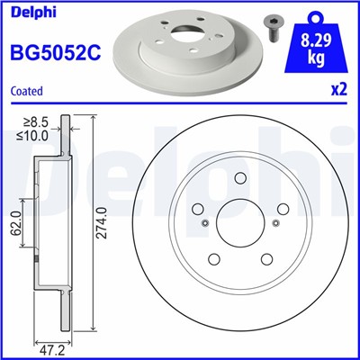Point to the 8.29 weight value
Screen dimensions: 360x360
click(x=313, y=39)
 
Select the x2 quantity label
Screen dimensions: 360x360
click(x=337, y=92)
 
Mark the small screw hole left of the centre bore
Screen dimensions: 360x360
click(x=205, y=224)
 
